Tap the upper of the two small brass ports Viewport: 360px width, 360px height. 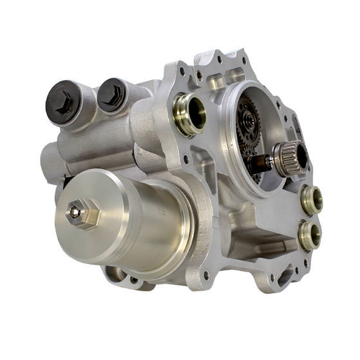pos(312,199)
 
